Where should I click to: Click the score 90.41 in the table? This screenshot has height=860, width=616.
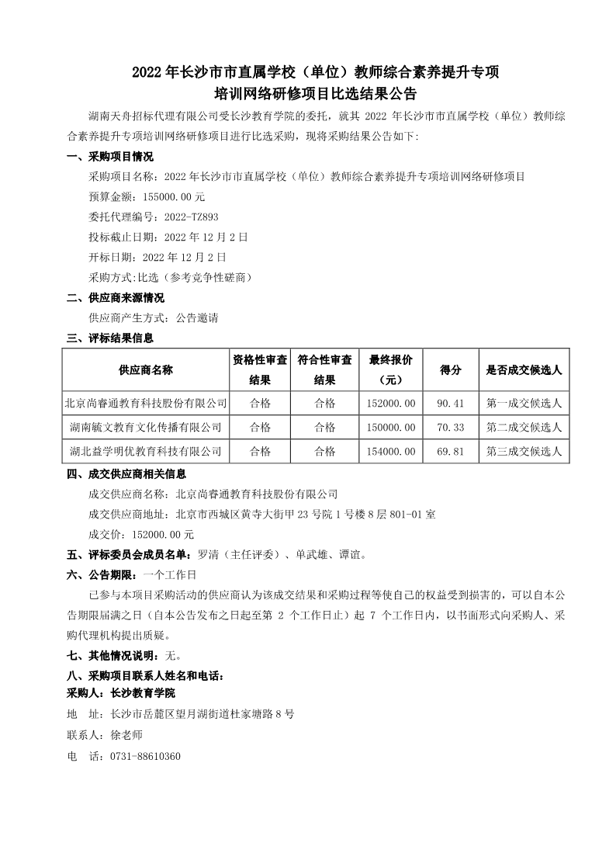tap(451, 403)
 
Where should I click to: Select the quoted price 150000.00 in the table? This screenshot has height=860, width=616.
tap(389, 427)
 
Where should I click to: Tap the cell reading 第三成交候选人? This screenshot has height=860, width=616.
tap(524, 451)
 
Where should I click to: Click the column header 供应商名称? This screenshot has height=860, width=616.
tap(145, 369)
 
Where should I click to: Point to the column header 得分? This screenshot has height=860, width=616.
tap(451, 369)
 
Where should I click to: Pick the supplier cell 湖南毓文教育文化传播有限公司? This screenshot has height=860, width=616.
tap(145, 427)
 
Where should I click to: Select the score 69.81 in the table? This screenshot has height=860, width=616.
tap(451, 451)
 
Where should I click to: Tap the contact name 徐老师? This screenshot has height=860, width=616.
tap(126, 734)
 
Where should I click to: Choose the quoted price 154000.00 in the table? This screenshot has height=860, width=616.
tap(389, 451)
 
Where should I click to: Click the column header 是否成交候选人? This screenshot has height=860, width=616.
tap(524, 369)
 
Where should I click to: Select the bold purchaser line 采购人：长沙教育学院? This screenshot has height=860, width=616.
tap(121, 692)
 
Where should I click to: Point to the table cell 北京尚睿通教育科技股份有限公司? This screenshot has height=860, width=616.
tap(145, 403)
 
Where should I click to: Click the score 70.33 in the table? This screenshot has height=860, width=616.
tap(451, 427)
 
